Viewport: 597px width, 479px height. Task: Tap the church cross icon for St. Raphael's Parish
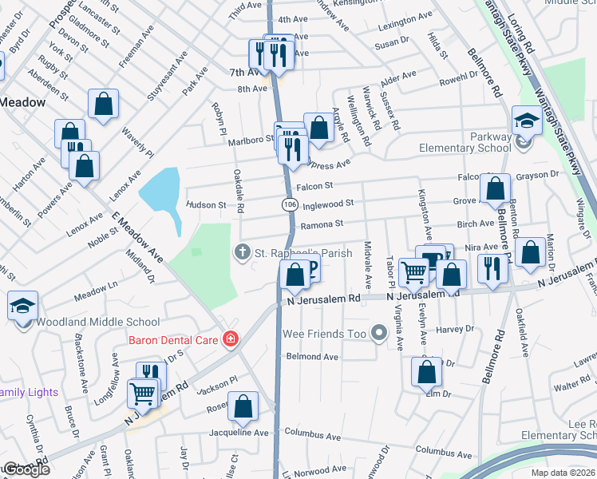[242, 252]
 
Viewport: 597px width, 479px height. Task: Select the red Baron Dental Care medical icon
[231, 339]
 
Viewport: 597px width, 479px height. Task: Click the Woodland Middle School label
[98, 323]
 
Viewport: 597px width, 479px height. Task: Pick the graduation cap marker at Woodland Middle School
[22, 305]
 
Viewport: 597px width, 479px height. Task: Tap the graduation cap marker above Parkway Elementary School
[526, 121]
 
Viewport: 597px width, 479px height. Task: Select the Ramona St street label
[321, 224]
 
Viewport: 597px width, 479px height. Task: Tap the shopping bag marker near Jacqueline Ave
[243, 407]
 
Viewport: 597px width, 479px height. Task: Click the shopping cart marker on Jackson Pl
[142, 393]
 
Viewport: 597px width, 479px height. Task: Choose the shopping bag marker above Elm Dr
[427, 371]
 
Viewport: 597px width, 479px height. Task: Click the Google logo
[26, 469]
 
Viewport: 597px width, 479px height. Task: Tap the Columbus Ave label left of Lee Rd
[444, 452]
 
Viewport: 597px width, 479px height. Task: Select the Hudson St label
[206, 205]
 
